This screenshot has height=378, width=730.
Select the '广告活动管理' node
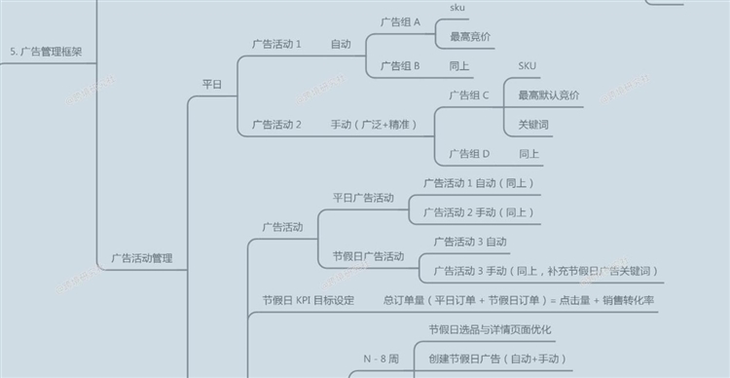coord(142,258)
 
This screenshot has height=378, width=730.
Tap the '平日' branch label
coord(212,85)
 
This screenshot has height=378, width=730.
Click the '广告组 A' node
coord(400,21)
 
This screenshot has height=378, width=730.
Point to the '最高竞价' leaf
coord(470,37)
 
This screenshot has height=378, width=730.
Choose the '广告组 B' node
coord(400,66)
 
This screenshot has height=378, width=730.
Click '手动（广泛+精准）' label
coord(374,125)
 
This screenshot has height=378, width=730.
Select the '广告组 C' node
coord(469,95)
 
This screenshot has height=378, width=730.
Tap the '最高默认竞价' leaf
coord(549,95)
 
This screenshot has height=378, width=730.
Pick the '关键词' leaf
coord(533,125)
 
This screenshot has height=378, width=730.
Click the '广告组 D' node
coord(469,154)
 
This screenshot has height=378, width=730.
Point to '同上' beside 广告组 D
coord(529,154)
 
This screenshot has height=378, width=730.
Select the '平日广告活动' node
coord(363,198)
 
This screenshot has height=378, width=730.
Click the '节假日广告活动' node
coord(369,256)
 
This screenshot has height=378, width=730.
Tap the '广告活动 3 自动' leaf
coord(470,242)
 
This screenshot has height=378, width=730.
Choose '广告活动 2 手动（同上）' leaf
coord(478,212)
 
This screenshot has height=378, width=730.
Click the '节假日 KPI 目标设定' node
coord(309,300)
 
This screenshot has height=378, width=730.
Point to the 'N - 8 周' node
coord(381,359)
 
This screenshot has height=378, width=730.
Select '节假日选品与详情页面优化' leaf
coord(491,329)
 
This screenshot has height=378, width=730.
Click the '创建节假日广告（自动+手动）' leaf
coord(497,359)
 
